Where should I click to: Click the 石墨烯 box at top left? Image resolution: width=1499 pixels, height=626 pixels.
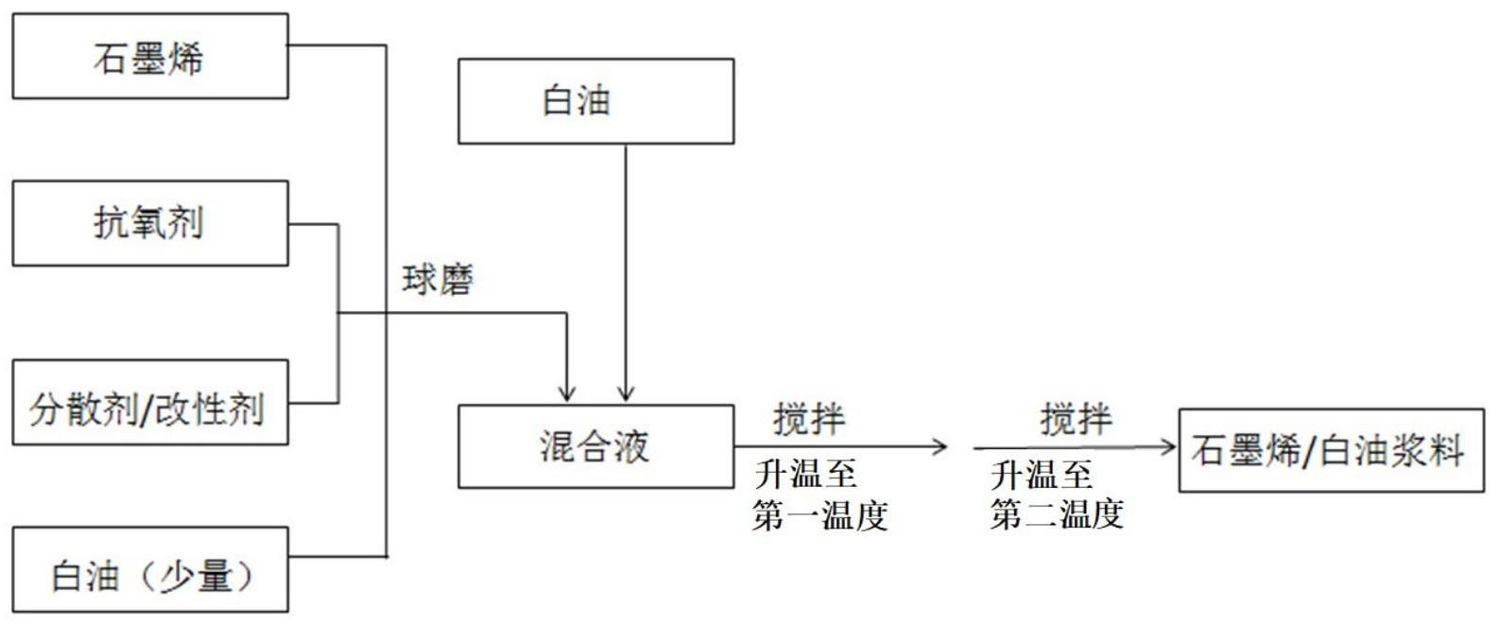(149, 57)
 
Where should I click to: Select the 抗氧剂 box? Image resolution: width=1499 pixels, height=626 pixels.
(149, 223)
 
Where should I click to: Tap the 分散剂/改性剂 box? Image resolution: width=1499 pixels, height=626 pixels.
(149, 403)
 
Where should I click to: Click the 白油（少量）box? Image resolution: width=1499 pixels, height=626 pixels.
(149, 570)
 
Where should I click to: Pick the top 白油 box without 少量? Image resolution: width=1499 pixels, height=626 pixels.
(595, 101)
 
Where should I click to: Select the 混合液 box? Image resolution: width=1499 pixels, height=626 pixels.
(595, 446)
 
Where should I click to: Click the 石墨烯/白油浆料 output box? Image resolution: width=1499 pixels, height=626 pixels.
(1331, 450)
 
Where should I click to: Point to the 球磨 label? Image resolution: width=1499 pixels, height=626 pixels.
(437, 281)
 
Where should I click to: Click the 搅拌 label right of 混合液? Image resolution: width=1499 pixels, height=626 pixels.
(809, 419)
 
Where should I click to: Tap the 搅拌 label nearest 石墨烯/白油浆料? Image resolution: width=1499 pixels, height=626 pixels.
(1077, 419)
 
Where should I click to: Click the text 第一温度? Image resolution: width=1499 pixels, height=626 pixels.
(820, 515)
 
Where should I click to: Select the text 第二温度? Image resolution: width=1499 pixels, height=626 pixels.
(1057, 515)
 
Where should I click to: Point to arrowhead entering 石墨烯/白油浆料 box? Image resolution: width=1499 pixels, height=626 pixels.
(1170, 447)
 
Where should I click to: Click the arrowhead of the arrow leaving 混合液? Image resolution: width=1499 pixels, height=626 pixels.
(940, 447)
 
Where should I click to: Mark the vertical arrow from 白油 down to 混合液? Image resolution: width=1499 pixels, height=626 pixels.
(626, 274)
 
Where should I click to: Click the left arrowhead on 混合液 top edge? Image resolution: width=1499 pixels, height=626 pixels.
(567, 393)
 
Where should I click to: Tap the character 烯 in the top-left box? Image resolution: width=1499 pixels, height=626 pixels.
(185, 59)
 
